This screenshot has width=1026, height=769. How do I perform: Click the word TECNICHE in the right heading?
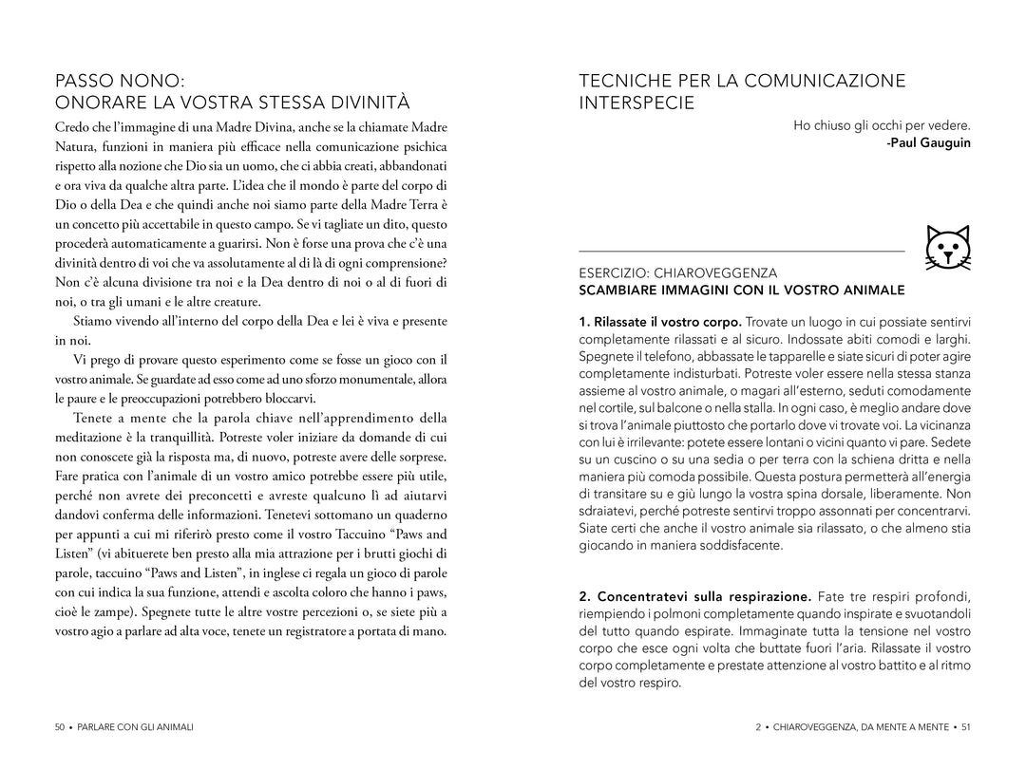626,81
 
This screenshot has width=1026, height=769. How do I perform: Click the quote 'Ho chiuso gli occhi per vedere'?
882,125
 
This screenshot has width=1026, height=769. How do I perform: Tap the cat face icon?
947,250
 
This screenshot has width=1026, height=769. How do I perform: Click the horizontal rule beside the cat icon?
741,252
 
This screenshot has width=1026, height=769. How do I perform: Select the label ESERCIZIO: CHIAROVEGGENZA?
678,272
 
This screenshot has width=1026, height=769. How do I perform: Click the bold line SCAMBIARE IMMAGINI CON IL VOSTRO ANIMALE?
742,290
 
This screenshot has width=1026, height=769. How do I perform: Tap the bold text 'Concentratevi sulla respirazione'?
695,596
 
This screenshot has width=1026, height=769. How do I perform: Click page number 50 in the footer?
60,727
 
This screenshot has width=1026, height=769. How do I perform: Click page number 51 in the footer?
965,727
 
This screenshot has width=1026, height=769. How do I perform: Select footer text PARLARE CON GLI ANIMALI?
135,727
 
